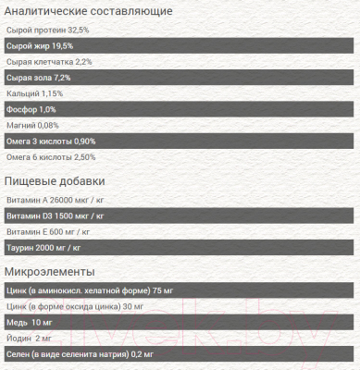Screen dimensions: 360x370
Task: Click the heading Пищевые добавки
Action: point(56,180)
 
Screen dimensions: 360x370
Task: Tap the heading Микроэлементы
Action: point(51,271)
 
